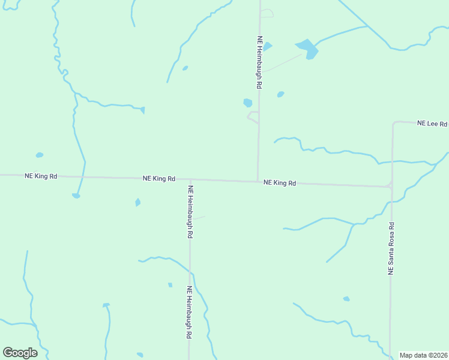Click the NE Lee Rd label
(432, 124)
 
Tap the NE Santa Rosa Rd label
(391, 248)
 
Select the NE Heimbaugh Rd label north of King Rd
(259, 62)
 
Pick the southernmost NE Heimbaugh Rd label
(189, 313)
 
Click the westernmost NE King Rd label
(41, 176)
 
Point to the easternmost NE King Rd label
(280, 183)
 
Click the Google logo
(20, 353)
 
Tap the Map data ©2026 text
(423, 355)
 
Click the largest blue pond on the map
(307, 47)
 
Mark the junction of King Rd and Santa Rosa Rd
(391, 187)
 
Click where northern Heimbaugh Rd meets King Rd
(258, 181)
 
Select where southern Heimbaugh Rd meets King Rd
(190, 180)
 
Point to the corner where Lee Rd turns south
(394, 123)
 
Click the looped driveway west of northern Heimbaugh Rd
(253, 116)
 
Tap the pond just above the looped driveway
(247, 103)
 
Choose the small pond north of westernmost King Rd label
(40, 155)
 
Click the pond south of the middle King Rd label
(137, 202)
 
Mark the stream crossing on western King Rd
(83, 178)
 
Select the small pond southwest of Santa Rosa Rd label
(346, 299)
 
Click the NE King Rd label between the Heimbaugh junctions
(159, 179)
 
